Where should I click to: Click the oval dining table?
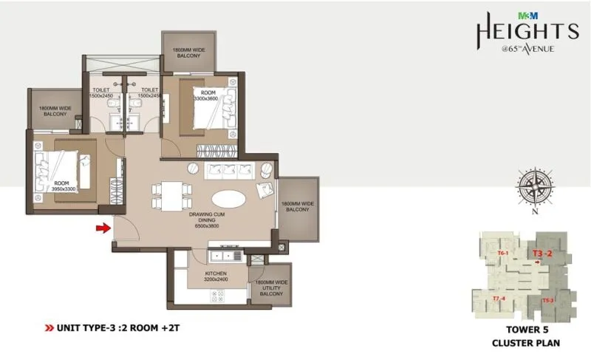(x=230, y=199)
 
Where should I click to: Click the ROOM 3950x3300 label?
(x=64, y=186)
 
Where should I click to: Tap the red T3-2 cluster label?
(x=543, y=254)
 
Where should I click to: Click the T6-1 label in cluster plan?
(x=503, y=254)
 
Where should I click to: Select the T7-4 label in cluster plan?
(x=499, y=298)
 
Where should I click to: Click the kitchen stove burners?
(x=219, y=296)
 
